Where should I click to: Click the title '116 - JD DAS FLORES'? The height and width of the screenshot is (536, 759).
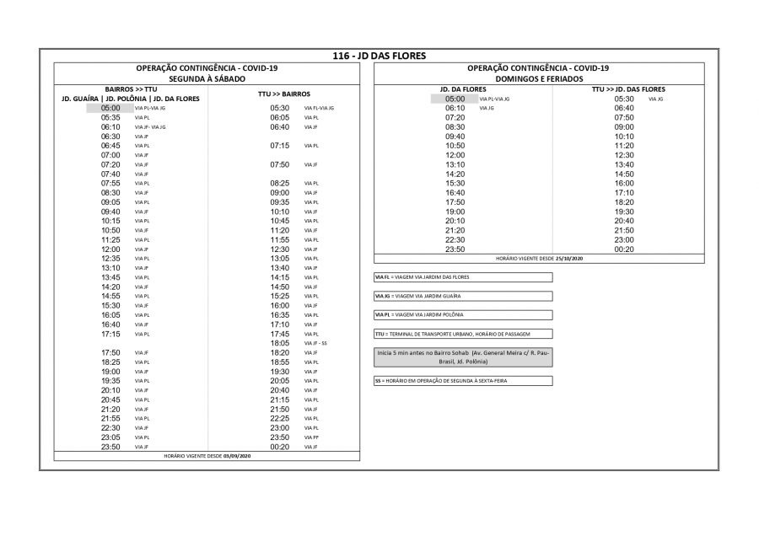click(379, 56)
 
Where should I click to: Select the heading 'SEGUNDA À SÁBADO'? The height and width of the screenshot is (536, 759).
click(207, 78)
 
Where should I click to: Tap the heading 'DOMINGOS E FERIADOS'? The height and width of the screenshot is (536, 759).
click(538, 78)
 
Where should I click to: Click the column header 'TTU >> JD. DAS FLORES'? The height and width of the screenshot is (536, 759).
click(628, 88)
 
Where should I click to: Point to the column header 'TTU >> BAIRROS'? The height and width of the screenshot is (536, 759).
click(284, 94)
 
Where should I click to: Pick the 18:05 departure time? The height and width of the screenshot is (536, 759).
click(280, 343)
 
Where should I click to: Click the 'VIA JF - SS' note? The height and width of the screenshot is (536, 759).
click(315, 343)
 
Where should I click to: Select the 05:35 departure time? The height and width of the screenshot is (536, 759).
click(110, 117)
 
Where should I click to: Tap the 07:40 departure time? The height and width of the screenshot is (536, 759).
click(110, 174)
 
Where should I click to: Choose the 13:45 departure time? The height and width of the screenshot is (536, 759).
click(110, 277)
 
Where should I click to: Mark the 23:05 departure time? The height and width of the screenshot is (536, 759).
click(110, 437)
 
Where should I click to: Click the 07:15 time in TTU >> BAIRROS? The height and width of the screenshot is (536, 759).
click(280, 146)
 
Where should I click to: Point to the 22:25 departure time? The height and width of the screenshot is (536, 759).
click(280, 418)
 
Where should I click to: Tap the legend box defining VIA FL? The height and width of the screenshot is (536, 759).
click(463, 277)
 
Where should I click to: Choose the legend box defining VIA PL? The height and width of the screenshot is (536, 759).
click(463, 314)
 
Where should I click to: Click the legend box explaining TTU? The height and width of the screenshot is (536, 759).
click(463, 334)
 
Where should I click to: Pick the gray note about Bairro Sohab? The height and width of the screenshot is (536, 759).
click(463, 356)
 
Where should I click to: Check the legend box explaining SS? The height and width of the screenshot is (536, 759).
click(463, 381)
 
